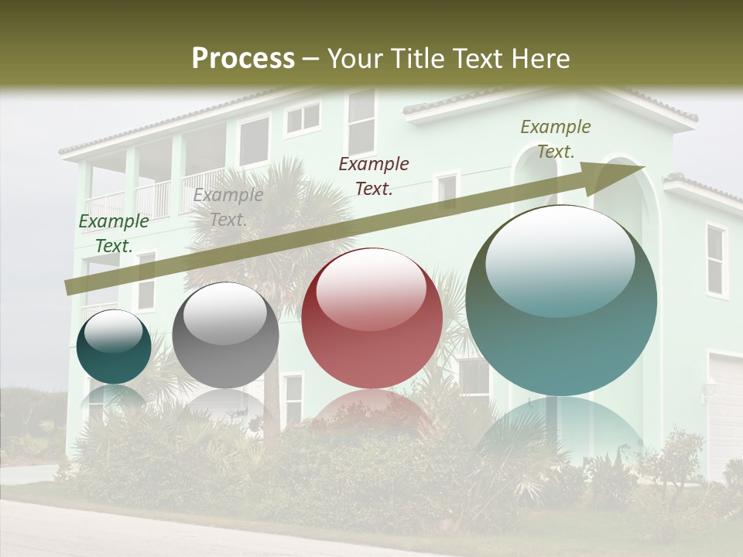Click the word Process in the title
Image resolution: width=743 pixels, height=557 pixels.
coord(243,58)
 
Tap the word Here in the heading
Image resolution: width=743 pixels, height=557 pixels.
coord(540,58)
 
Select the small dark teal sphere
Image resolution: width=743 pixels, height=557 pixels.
coord(114,347)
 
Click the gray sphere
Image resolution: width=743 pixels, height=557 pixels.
coord(225,335)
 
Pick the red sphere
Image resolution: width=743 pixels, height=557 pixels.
coord(371,318)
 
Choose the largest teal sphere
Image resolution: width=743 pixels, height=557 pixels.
coord(561,300)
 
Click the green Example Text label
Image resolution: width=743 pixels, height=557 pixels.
coord(113,234)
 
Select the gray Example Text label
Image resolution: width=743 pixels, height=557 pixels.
coord(228,207)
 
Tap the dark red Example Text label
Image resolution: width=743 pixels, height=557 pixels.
coord(373,176)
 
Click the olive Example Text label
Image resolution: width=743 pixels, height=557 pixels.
coord(555,139)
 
